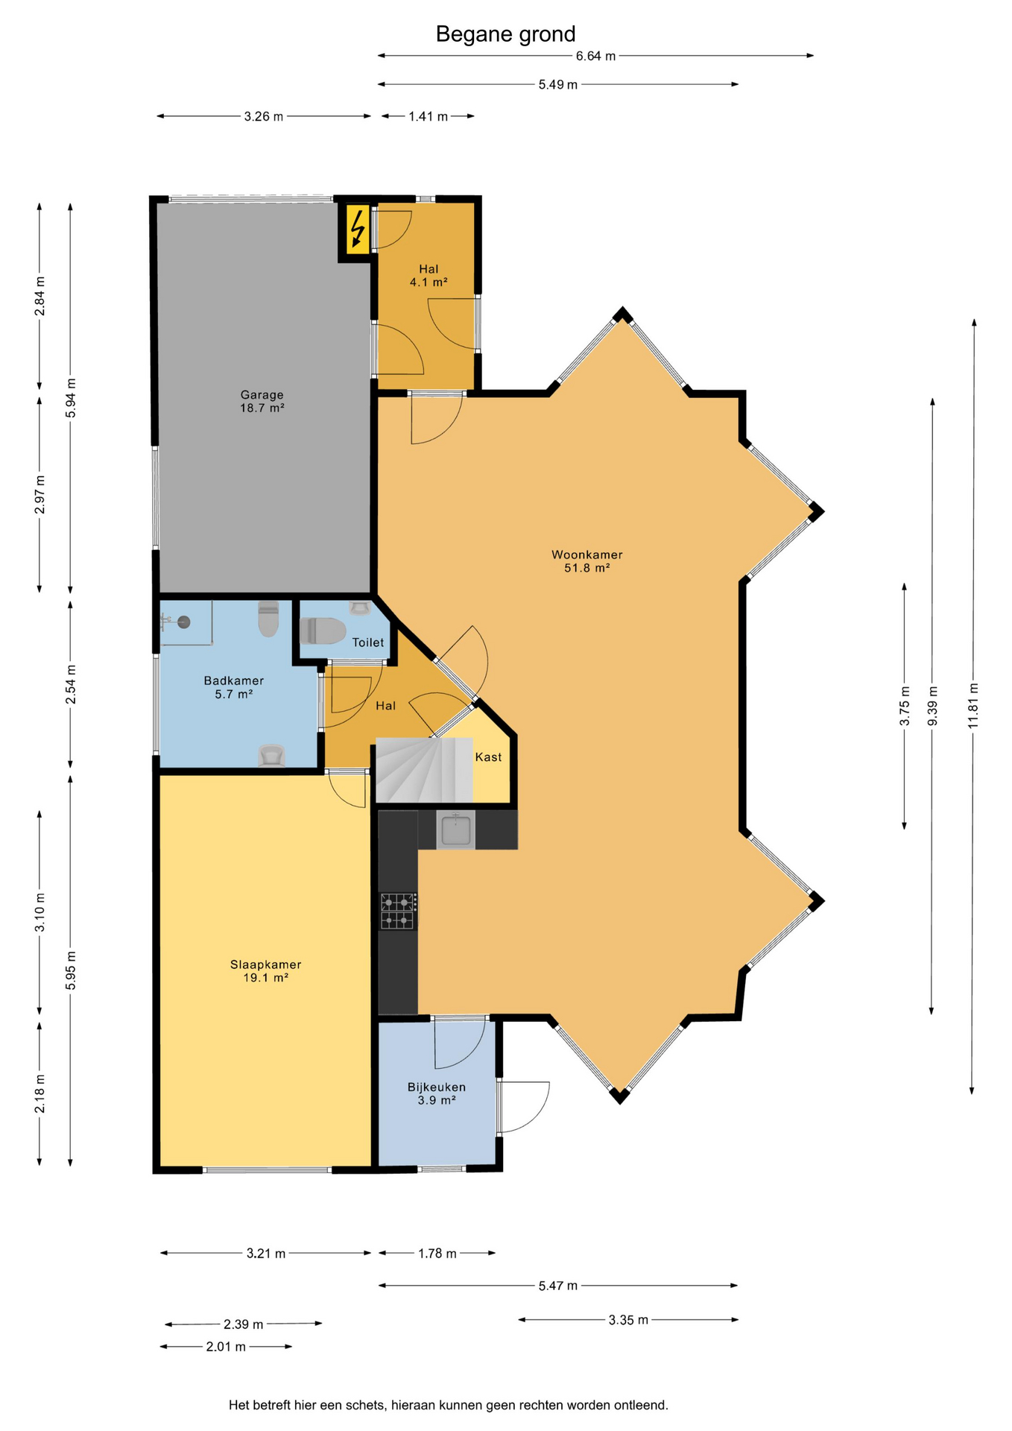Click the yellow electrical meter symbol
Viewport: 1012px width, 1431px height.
pos(358,228)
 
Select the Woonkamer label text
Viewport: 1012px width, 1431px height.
pos(587,555)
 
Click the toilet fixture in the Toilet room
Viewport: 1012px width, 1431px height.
pos(323,631)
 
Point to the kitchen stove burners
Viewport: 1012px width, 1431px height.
pos(398,911)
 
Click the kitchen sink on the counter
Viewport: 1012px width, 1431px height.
pos(455,830)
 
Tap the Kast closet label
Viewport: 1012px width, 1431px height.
pos(488,757)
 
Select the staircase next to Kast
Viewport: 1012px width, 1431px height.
pos(424,770)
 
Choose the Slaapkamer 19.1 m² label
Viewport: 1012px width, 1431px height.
pos(266,971)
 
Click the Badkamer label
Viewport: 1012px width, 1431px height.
pos(234,680)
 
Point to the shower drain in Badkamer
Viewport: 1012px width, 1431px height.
pos(183,622)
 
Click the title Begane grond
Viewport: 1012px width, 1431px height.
pos(506,34)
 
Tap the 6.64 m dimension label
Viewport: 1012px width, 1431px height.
pos(595,56)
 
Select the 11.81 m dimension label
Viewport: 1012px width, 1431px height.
pos(973,706)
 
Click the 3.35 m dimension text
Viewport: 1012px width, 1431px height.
pos(628,1320)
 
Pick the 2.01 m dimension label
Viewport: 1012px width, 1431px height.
pos(226,1347)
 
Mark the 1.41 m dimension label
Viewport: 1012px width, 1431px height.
pos(428,116)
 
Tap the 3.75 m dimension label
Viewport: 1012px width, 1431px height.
pos(905,706)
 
